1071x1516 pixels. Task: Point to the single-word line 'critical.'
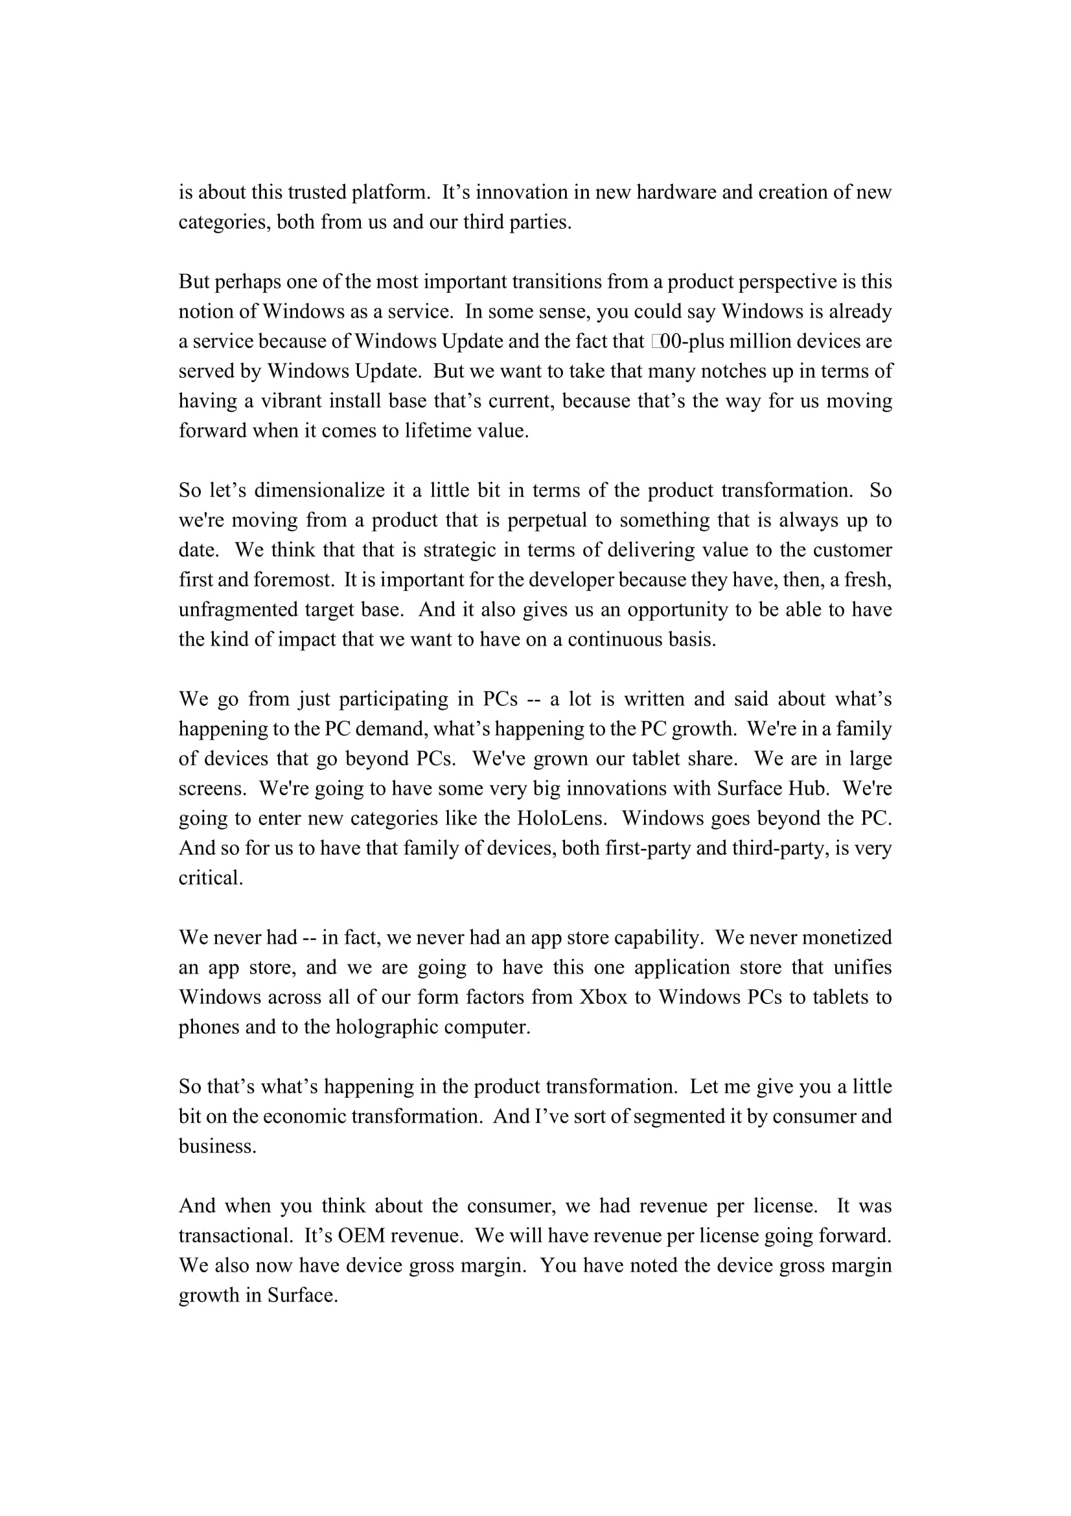click(211, 878)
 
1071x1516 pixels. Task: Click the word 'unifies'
click(862, 967)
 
